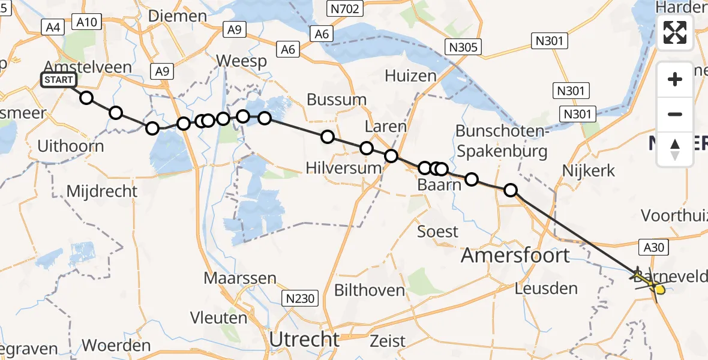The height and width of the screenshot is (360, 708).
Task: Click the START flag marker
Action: coord(58,80)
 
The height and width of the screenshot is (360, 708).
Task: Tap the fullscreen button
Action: coord(675,32)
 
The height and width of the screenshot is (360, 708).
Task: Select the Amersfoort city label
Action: coord(515,256)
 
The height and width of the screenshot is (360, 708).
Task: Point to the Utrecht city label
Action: coord(304,339)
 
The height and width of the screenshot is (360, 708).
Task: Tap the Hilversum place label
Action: coord(343,168)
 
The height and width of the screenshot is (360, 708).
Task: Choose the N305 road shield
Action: coord(461,47)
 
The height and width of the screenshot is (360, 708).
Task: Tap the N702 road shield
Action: coord(344,8)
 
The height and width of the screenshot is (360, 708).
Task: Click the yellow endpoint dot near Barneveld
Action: coord(660,290)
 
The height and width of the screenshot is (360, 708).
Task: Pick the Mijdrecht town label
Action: coord(102,191)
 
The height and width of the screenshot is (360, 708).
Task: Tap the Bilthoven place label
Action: coord(369,290)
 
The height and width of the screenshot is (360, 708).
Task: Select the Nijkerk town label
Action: coord(588,171)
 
